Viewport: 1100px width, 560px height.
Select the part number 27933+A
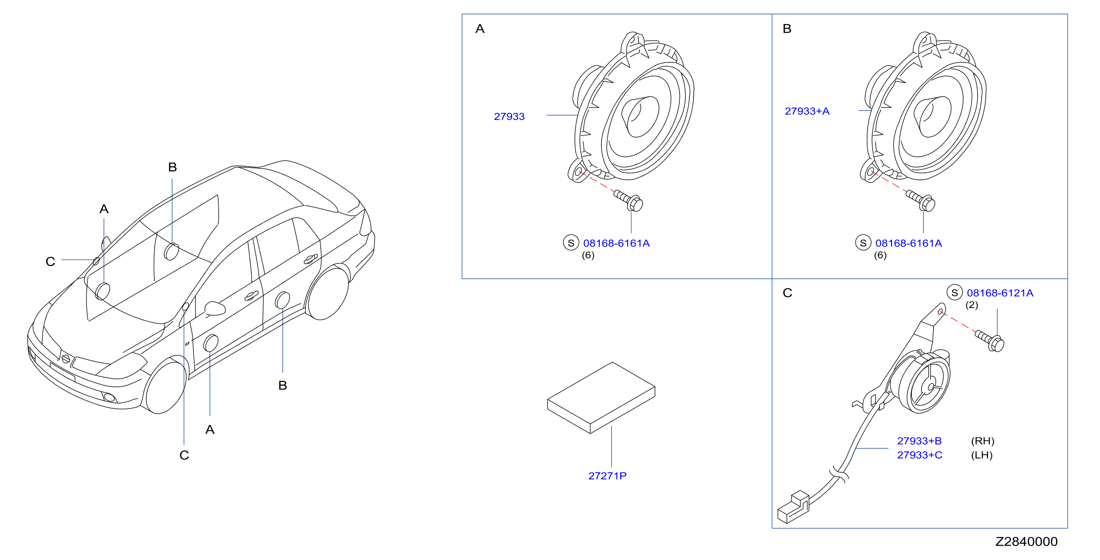click(x=807, y=111)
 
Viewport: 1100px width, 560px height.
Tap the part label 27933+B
click(x=919, y=441)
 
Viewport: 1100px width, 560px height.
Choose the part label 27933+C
click(x=919, y=455)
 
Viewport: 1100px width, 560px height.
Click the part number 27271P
click(x=607, y=476)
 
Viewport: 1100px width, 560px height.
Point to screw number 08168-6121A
click(x=1000, y=293)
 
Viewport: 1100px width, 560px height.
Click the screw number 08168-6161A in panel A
click(x=616, y=243)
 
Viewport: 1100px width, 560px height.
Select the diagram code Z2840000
click(x=1026, y=542)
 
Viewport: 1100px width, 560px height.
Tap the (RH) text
click(x=983, y=441)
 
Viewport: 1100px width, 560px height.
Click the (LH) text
click(x=982, y=455)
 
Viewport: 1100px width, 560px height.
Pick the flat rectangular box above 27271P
click(x=601, y=398)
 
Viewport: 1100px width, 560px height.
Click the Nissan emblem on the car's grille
click(x=66, y=358)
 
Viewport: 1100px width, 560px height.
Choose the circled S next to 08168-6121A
click(x=955, y=293)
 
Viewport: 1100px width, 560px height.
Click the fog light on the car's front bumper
click(x=109, y=397)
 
